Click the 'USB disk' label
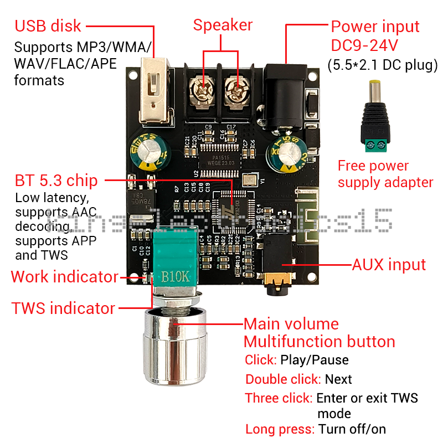[x=48, y=26]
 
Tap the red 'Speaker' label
[x=223, y=25]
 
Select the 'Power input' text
[x=375, y=27]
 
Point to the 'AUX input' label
[x=389, y=265]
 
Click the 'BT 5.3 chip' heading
[x=56, y=181]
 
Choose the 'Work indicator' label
[x=64, y=277]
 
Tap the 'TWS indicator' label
[x=63, y=308]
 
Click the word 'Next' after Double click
[x=338, y=379]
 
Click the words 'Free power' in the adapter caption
[x=373, y=166]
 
